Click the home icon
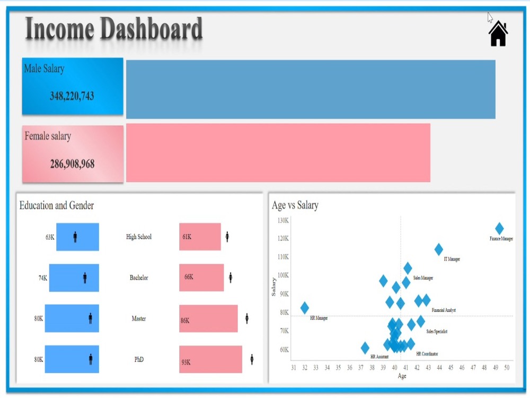pyautogui.click(x=498, y=34)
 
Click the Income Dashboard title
pyautogui.click(x=114, y=29)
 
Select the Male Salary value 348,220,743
pyautogui.click(x=72, y=96)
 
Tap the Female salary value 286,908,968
pyautogui.click(x=72, y=164)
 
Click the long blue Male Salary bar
pyautogui.click(x=311, y=89)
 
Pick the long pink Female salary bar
pyautogui.click(x=278, y=153)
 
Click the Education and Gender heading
pyautogui.click(x=57, y=205)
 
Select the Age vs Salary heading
pyautogui.click(x=295, y=205)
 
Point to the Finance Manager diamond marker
pyautogui.click(x=499, y=229)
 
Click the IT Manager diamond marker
pyautogui.click(x=439, y=249)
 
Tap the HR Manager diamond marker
pyautogui.click(x=305, y=308)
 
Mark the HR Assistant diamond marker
pyautogui.click(x=365, y=348)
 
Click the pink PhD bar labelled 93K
pyautogui.click(x=210, y=359)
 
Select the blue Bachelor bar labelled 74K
pyautogui.click(x=74, y=278)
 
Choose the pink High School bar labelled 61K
pyautogui.click(x=200, y=237)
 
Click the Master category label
pyautogui.click(x=139, y=318)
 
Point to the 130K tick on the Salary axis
pyautogui.click(x=283, y=220)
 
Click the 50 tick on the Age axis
pyautogui.click(x=507, y=367)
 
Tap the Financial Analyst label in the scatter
pyautogui.click(x=444, y=310)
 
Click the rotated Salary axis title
pyautogui.click(x=274, y=287)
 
